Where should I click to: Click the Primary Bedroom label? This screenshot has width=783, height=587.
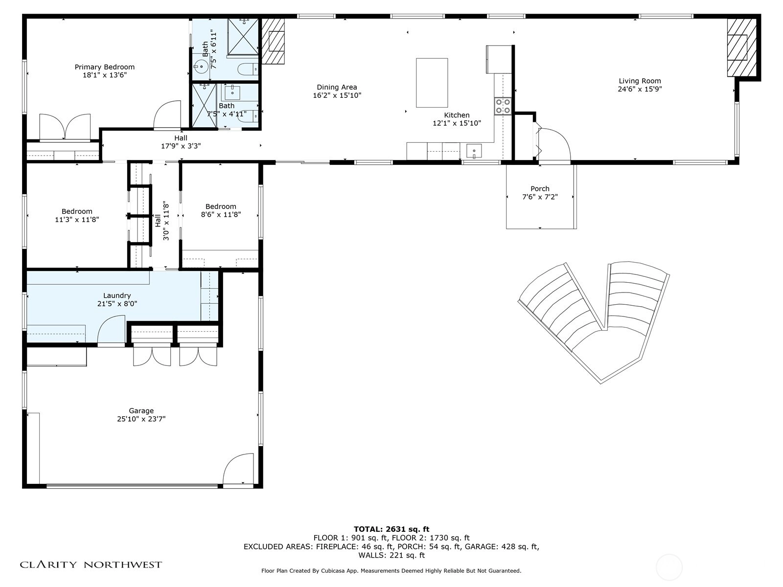click(105, 67)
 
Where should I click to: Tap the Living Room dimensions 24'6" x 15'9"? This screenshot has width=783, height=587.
click(640, 89)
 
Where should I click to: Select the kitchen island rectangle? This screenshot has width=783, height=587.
click(432, 83)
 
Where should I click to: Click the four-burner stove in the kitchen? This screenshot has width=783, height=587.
click(503, 106)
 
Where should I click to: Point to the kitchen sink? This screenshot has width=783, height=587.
click(474, 151)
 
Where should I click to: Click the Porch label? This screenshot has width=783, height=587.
click(540, 188)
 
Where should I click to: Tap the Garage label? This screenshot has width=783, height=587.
click(141, 411)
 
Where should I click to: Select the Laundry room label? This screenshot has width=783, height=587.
click(117, 295)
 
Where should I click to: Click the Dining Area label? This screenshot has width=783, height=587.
click(337, 87)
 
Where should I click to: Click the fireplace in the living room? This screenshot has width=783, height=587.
click(741, 47)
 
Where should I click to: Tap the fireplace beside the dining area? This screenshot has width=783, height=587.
click(273, 42)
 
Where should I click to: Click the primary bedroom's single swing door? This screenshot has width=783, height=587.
click(167, 115)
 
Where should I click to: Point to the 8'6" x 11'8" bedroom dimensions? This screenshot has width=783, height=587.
click(220, 215)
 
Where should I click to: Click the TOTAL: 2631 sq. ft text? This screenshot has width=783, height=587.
click(391, 529)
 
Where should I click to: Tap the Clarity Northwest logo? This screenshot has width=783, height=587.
click(91, 564)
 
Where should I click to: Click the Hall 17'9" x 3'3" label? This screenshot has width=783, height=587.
click(181, 142)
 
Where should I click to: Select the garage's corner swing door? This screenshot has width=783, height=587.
click(238, 469)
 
